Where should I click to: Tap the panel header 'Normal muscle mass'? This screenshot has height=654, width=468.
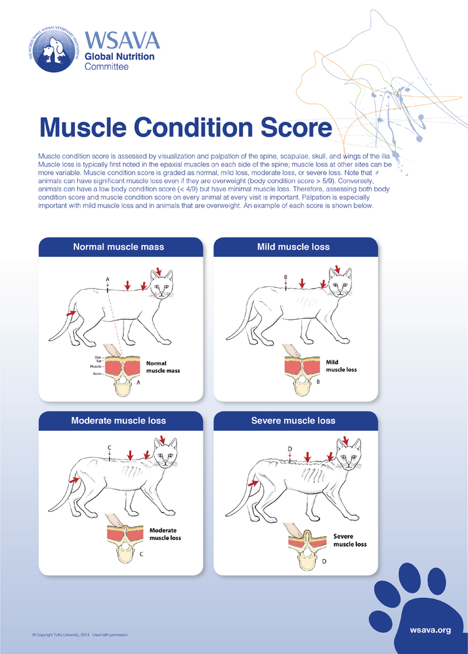tap(119, 247)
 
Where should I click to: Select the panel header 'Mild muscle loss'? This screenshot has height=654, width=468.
tap(293, 247)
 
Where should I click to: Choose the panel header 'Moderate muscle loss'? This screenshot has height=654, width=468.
tap(119, 421)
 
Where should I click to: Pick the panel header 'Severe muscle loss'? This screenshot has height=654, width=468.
tap(293, 421)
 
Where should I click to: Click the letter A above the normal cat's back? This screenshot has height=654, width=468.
tap(108, 278)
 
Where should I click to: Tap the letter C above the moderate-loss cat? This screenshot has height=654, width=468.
tap(109, 448)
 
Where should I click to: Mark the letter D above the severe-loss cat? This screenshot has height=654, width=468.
tap(290, 449)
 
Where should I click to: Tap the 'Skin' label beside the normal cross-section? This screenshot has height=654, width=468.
tap(99, 357)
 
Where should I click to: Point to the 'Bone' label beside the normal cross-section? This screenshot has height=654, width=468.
tap(98, 373)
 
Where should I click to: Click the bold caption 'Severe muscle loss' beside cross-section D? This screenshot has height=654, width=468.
tap(349, 540)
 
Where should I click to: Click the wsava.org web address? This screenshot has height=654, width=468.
tap(430, 630)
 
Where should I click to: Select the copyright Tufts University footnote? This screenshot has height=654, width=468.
tap(80, 635)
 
